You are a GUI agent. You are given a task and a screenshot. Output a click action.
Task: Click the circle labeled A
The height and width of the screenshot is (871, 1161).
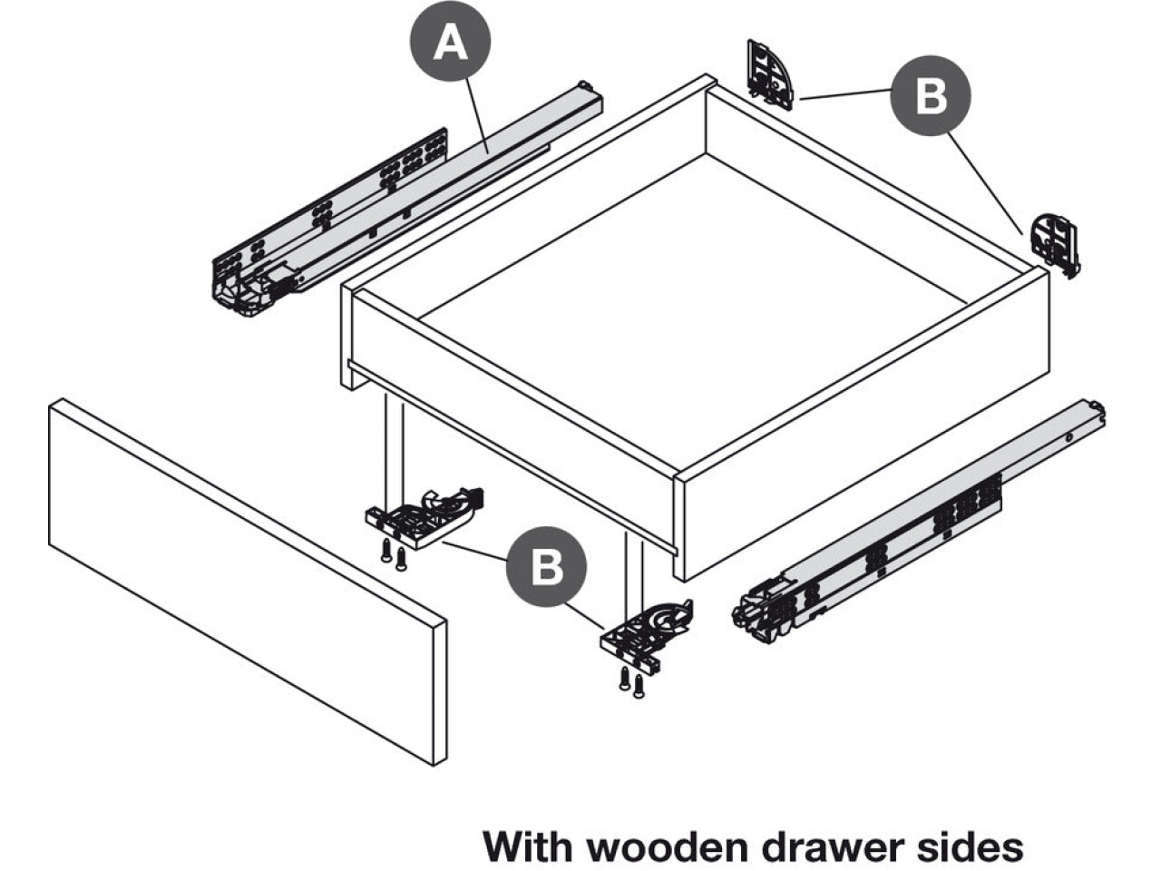tap(451, 43)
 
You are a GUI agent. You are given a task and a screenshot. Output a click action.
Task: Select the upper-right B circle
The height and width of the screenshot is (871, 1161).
tap(931, 96)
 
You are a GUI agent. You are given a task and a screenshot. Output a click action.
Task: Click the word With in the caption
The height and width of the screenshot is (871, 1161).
tap(528, 846)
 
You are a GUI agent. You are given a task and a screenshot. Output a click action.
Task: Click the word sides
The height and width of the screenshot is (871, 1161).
tap(975, 846)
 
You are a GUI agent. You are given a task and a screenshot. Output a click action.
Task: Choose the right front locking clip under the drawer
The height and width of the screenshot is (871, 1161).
tap(646, 631)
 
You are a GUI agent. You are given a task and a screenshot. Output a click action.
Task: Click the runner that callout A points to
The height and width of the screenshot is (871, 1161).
tap(399, 209)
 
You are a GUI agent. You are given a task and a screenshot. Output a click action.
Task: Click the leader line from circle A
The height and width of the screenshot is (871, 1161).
tap(477, 113)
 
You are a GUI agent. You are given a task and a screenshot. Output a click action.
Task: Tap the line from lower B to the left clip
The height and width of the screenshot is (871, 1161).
tap(473, 550)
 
